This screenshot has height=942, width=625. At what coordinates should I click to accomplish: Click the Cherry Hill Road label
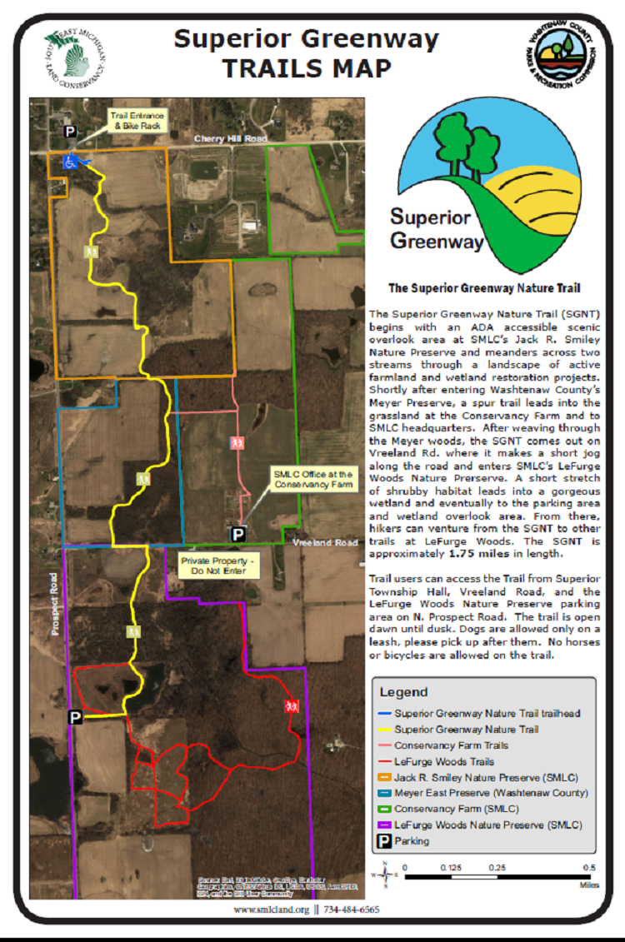click(x=229, y=138)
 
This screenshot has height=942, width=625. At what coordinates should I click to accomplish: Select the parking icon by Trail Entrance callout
click(x=71, y=131)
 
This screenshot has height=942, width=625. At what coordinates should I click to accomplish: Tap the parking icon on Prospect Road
click(x=75, y=716)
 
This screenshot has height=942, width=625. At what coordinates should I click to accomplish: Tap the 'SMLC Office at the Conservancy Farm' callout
click(x=312, y=480)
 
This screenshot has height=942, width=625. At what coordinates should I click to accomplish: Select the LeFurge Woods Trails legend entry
click(x=443, y=761)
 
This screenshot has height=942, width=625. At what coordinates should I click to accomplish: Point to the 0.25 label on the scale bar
click(x=497, y=867)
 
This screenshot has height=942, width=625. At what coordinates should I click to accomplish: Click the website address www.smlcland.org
click(x=271, y=910)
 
